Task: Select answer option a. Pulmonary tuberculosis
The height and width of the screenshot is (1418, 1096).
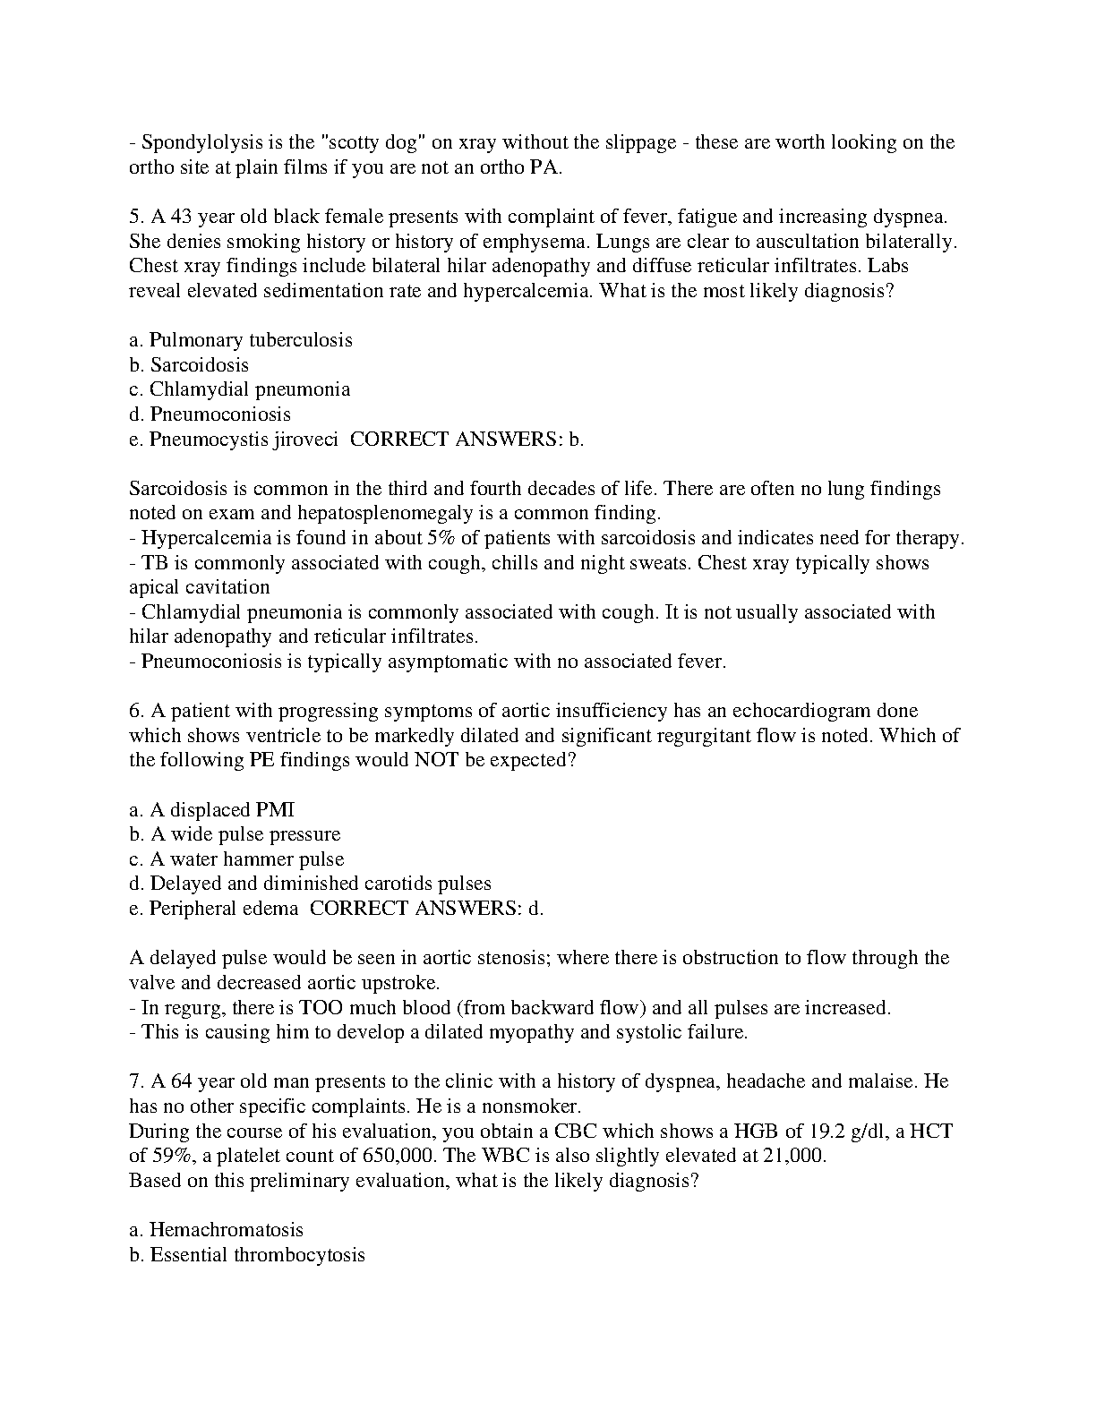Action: [241, 340]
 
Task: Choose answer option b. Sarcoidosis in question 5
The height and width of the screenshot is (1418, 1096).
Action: [189, 365]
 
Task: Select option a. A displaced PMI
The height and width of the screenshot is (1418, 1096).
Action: [211, 810]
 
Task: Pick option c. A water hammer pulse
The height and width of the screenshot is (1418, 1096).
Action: [236, 859]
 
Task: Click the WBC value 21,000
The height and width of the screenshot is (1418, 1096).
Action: [793, 1156]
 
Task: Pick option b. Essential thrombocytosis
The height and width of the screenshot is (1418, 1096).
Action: [247, 1255]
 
